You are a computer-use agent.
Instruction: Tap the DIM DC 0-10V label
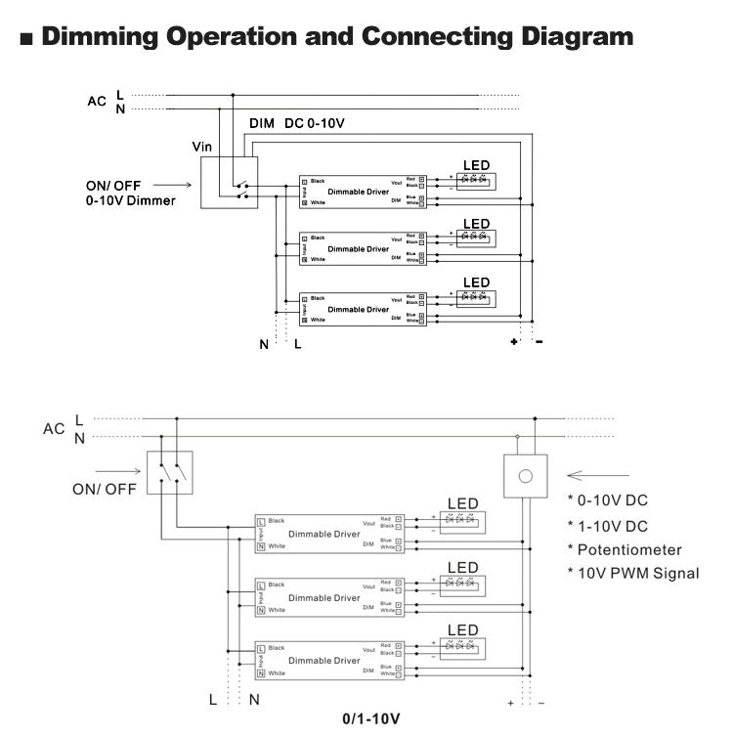click(x=296, y=124)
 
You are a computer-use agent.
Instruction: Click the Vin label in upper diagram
click(x=202, y=146)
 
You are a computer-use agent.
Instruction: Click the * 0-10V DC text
click(x=607, y=500)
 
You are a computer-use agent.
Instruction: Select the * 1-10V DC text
click(x=607, y=526)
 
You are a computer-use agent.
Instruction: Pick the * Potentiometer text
click(x=625, y=549)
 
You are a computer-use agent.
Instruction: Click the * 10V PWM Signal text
click(x=633, y=573)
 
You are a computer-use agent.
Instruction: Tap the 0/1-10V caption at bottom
click(x=370, y=718)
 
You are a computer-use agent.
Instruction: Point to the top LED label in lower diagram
click(x=462, y=503)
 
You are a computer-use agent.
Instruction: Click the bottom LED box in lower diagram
click(x=459, y=646)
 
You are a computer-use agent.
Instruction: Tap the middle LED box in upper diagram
click(x=475, y=238)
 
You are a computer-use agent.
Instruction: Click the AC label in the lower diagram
click(x=54, y=428)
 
